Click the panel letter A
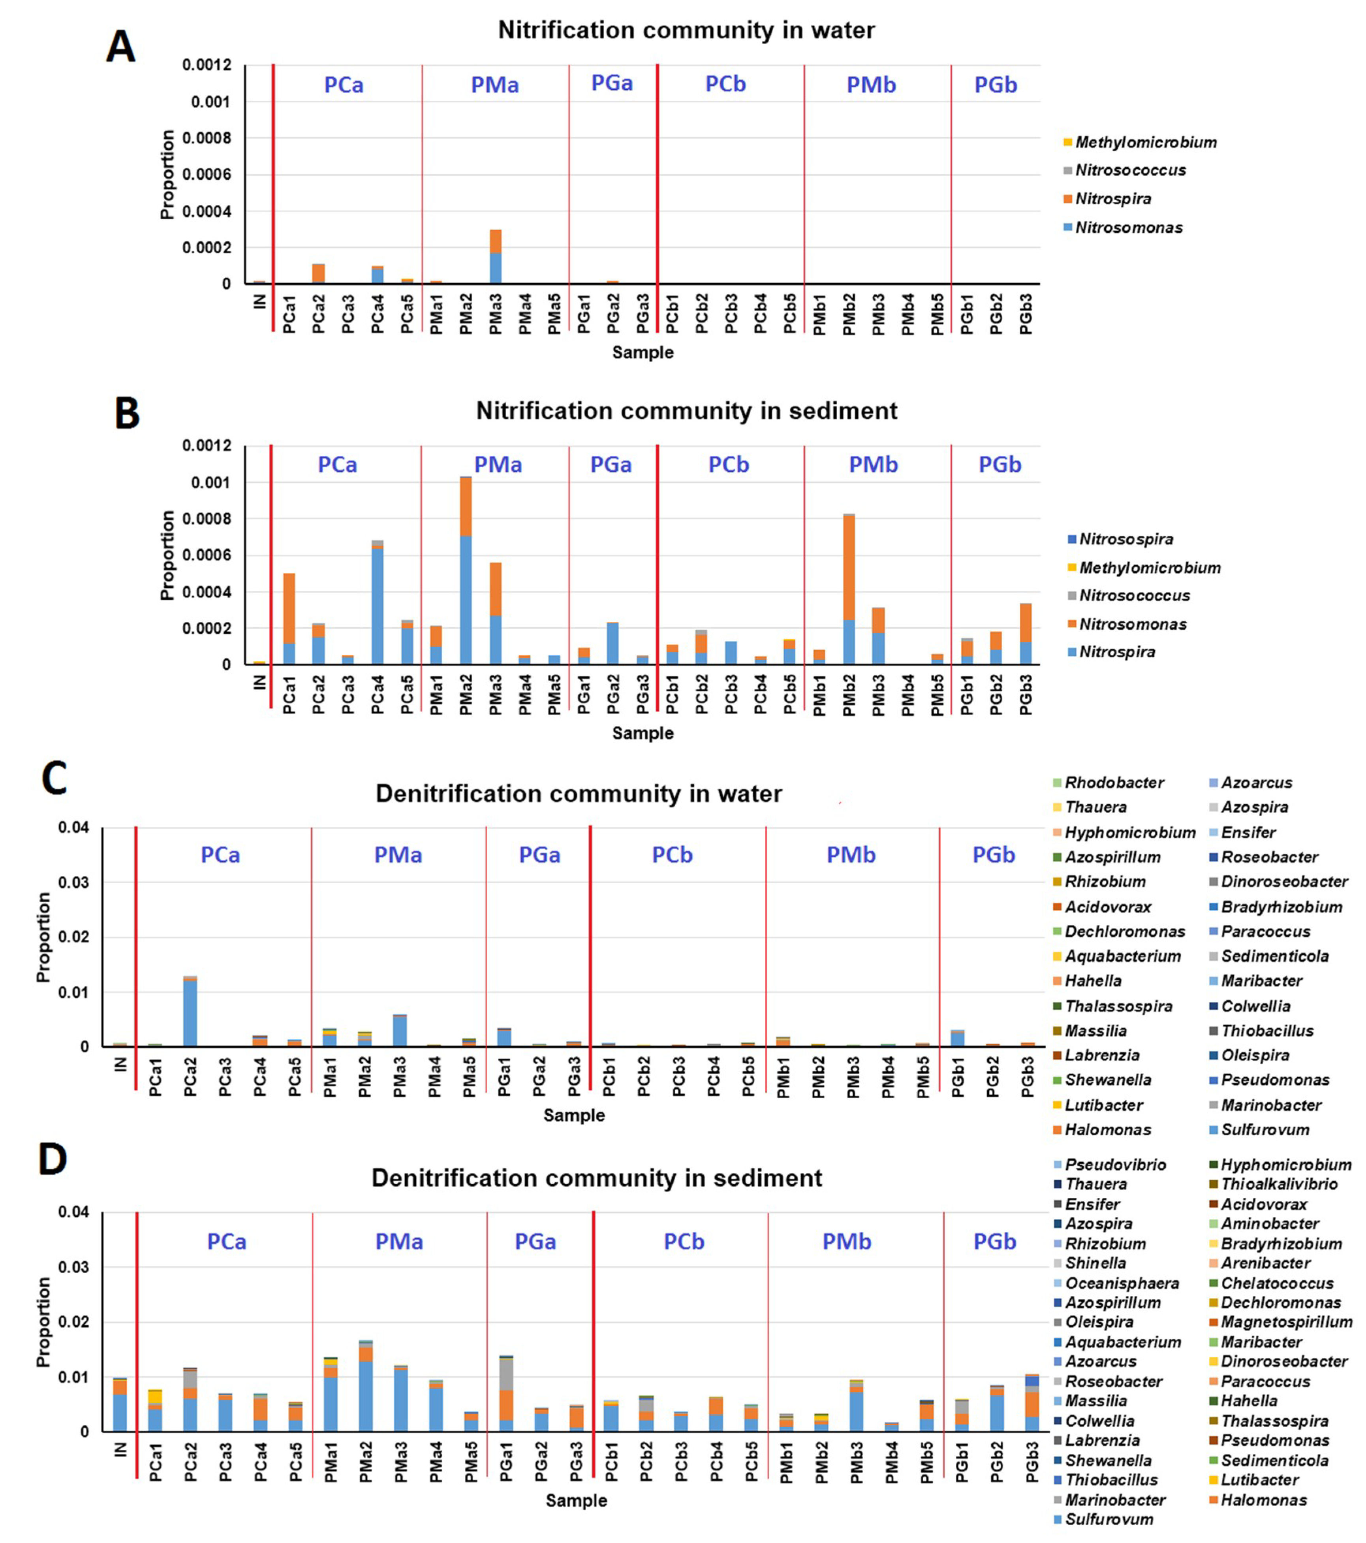(x=121, y=47)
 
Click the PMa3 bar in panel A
(x=495, y=257)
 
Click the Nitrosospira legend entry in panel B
(x=1125, y=539)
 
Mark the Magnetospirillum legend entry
(x=1286, y=1322)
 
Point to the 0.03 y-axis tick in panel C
(x=73, y=883)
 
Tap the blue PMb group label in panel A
(x=871, y=85)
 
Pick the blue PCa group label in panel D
(x=226, y=1242)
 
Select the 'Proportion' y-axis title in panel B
(x=167, y=555)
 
